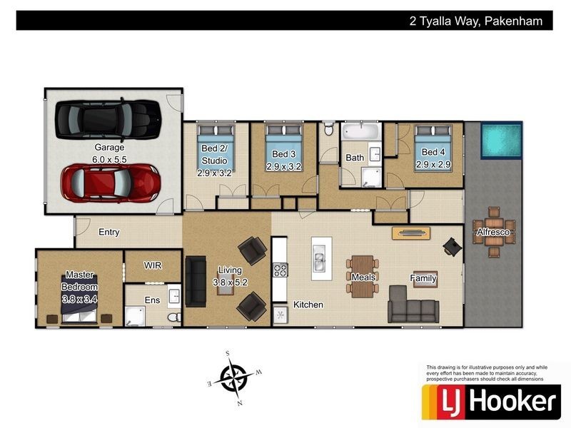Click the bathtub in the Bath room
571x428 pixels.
[362, 133]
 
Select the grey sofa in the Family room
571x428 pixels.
[413, 305]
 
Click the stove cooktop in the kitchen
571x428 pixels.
[281, 270]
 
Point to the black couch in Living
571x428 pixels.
[195, 278]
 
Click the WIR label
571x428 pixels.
[153, 265]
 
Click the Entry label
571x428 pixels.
[109, 232]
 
